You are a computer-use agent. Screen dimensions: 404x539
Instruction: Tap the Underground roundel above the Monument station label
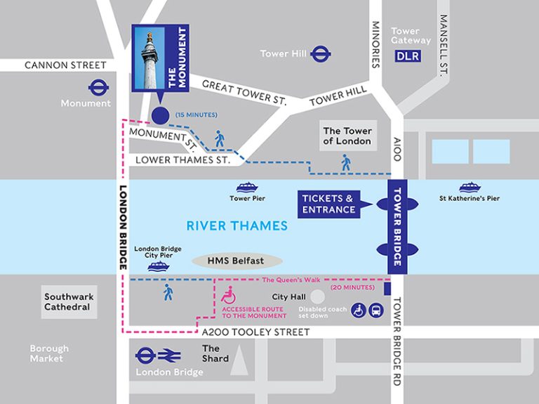[x=99, y=87]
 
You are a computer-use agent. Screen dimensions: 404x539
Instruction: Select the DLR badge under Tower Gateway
[x=408, y=56]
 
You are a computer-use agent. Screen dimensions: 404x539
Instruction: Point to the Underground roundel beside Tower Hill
[x=321, y=53]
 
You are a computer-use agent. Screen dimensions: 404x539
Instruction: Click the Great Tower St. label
[x=244, y=92]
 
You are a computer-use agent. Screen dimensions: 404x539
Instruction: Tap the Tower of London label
[x=347, y=136]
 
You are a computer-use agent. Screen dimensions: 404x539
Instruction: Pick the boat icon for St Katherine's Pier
[x=470, y=188]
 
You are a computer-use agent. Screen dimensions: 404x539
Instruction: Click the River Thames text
[x=237, y=226]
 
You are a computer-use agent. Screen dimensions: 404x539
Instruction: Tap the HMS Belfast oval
[x=236, y=261]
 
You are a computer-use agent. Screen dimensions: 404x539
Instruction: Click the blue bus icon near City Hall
[x=376, y=310]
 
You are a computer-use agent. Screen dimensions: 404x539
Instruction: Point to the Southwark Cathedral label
[x=69, y=302]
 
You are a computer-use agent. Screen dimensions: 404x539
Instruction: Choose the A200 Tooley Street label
[x=255, y=332]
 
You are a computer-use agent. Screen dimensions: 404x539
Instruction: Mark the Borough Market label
[x=49, y=353]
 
